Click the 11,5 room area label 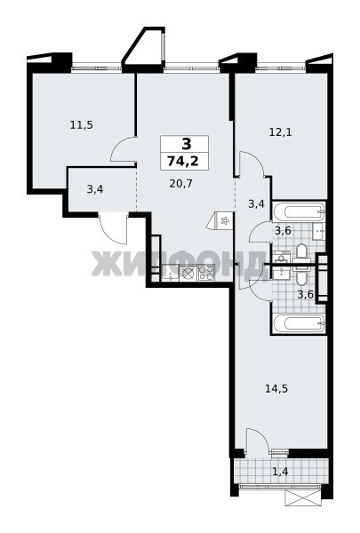[x=81, y=125]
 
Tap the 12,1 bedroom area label [x=280, y=131]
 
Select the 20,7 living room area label [x=181, y=184]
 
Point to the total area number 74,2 [x=183, y=160]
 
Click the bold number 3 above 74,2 [x=187, y=144]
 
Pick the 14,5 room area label [x=276, y=388]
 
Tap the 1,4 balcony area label [x=280, y=472]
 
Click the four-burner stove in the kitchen [x=206, y=273]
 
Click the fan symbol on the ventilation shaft [x=225, y=221]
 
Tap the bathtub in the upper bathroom [x=299, y=211]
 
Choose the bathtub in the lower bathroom [x=299, y=323]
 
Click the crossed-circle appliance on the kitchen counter [x=188, y=273]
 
